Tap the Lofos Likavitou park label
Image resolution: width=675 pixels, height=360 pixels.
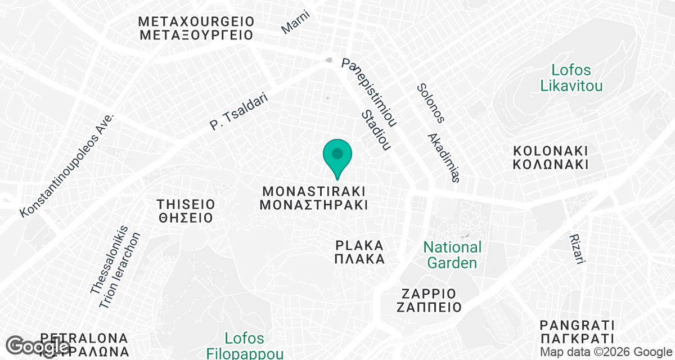[571, 78]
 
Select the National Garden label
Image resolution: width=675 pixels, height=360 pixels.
[452, 255]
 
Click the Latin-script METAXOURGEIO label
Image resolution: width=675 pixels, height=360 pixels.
[196, 22]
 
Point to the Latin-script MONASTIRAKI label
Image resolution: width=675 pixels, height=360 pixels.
[314, 190]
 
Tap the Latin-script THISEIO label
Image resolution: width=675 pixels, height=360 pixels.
[186, 203]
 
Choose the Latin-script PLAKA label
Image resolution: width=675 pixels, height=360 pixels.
[359, 245]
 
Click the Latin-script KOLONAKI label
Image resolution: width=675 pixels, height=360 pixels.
[551, 151]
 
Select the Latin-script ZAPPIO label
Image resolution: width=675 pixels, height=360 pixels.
[429, 294]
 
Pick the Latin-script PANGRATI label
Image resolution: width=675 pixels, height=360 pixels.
[577, 325]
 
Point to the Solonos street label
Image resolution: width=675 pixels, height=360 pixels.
[431, 103]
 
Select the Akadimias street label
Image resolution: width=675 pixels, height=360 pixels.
[444, 157]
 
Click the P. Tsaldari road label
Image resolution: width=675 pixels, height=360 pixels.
[238, 112]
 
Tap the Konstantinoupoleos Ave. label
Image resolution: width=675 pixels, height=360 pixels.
[67, 165]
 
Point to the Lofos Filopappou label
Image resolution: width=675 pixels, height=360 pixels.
[244, 346]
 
